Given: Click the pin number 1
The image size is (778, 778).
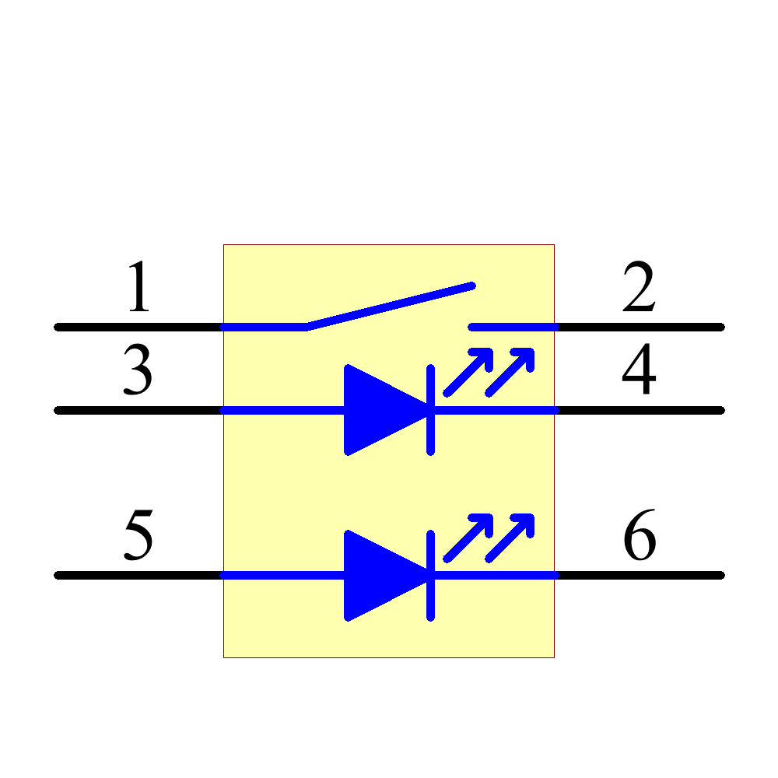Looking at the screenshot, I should click(x=138, y=287).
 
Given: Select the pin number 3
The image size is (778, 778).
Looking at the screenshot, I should click(x=138, y=371).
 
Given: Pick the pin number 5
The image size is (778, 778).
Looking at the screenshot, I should click(x=138, y=536).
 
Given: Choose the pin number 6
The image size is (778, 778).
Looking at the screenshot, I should click(x=640, y=536).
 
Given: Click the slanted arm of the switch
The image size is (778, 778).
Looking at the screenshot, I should click(x=389, y=307).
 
